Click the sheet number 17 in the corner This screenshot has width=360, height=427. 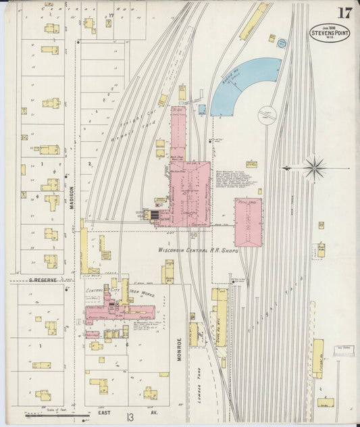[344, 13]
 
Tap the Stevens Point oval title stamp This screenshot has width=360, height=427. [330, 33]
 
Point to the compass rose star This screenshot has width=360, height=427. [314, 168]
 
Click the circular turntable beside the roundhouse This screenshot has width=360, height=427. [266, 114]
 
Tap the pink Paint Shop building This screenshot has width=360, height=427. [248, 222]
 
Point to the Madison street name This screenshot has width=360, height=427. [71, 197]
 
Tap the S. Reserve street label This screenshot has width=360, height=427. [42, 278]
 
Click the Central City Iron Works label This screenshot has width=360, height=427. [122, 291]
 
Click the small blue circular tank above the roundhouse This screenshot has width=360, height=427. [282, 43]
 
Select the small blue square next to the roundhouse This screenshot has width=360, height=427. [202, 109]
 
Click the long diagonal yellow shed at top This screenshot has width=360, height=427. [253, 21]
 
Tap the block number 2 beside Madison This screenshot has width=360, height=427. [89, 164]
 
